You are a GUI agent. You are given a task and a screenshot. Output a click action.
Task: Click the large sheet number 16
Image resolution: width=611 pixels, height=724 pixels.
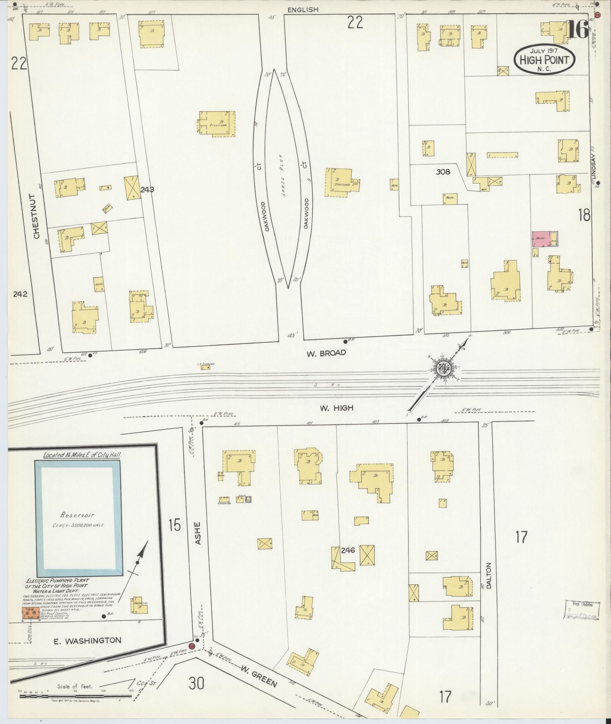[578, 30]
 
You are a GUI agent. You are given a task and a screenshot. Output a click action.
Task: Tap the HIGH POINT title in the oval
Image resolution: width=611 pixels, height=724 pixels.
[544, 60]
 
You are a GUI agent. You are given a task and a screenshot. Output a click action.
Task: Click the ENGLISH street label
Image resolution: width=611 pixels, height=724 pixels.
[303, 10]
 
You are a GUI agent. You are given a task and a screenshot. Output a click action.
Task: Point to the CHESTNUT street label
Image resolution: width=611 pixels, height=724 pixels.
[37, 216]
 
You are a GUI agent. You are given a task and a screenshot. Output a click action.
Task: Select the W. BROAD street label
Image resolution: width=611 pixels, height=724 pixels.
[327, 353]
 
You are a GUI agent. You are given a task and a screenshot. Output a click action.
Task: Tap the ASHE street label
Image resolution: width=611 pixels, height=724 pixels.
[197, 534]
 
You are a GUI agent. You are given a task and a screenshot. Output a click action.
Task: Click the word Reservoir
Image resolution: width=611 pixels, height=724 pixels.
[77, 515]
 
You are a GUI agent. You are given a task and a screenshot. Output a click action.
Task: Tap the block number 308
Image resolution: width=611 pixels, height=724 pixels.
[443, 172]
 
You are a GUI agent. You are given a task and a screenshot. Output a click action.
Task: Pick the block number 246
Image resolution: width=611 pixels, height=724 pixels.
[347, 550]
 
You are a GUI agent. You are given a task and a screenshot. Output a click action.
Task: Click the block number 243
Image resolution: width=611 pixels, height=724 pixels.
[147, 190]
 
